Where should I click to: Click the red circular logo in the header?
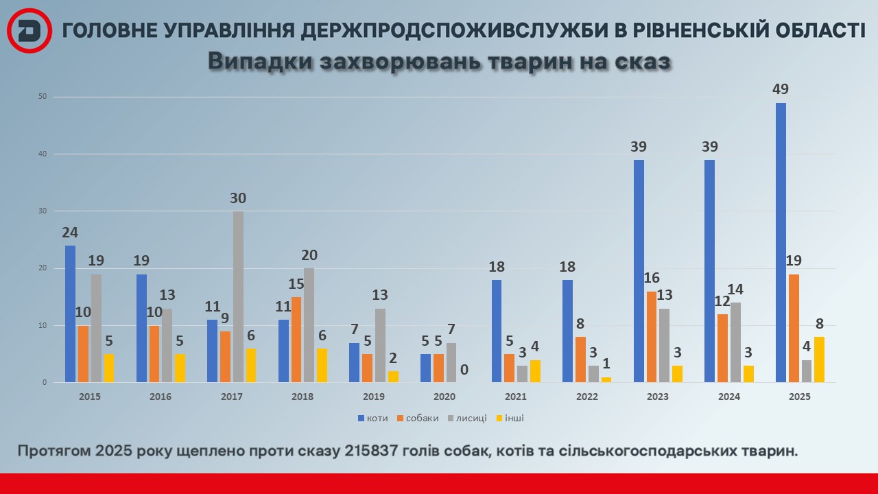[x=29, y=31]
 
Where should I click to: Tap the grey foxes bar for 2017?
[x=238, y=296]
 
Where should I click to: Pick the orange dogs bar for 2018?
[x=296, y=340]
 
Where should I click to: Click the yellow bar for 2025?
[x=820, y=360]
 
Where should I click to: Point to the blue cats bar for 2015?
[x=70, y=314]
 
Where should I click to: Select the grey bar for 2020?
[x=451, y=362]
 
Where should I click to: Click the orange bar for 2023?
[x=652, y=337]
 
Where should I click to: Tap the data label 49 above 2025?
[x=780, y=89]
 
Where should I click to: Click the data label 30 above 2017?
[x=238, y=198]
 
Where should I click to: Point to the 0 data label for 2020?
[x=464, y=370]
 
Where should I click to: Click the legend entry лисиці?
[x=468, y=418]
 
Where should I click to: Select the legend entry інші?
[x=514, y=418]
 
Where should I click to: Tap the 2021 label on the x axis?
[x=517, y=397]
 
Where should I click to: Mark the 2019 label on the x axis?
[x=374, y=397]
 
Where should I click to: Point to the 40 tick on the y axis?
[x=42, y=154]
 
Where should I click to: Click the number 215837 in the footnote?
[x=378, y=451]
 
